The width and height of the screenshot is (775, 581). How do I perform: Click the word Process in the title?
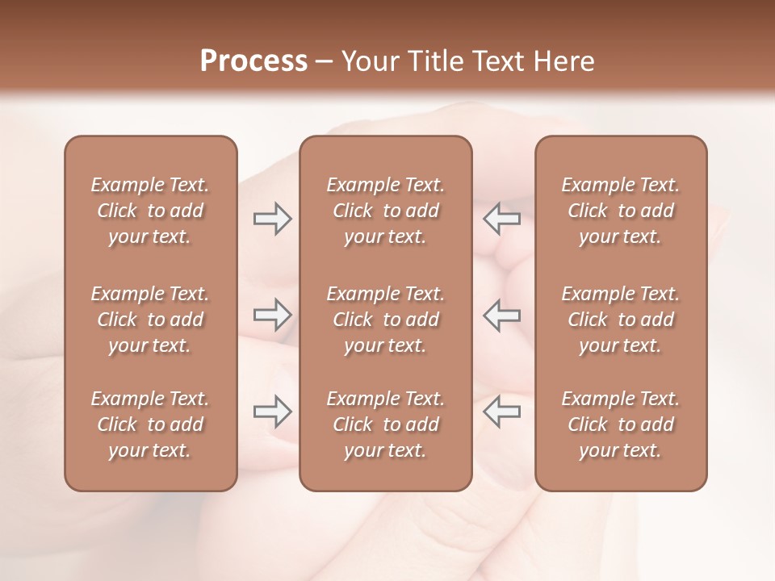[253, 61]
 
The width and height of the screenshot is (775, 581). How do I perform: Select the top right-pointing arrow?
[272, 219]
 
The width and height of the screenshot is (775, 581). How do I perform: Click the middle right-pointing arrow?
[272, 315]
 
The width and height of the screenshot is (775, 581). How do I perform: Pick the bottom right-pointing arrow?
[272, 412]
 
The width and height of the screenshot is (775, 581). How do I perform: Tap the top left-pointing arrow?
[501, 219]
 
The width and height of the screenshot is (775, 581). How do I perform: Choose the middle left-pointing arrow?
[501, 315]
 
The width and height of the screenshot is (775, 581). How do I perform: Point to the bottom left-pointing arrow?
[501, 412]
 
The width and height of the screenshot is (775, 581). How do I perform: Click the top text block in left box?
[150, 211]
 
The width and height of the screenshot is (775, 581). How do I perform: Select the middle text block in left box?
[150, 320]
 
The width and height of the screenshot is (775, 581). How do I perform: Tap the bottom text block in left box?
[150, 424]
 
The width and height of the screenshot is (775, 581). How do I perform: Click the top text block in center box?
[386, 211]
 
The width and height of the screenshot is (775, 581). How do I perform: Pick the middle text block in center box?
[386, 320]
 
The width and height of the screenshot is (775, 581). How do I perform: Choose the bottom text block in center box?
[386, 424]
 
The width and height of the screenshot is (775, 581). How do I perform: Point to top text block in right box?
[621, 211]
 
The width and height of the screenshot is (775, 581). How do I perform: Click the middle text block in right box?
[621, 320]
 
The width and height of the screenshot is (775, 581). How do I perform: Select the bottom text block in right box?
[621, 424]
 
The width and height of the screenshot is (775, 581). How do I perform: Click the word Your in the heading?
[367, 61]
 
